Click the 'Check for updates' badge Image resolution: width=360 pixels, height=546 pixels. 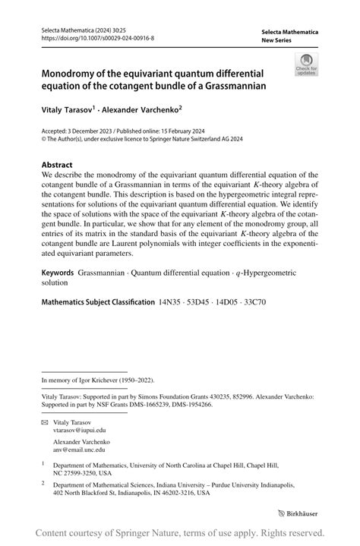tap(307, 65)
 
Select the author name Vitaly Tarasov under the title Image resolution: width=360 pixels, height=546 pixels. tap(66, 109)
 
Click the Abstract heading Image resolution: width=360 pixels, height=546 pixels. tap(58, 165)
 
